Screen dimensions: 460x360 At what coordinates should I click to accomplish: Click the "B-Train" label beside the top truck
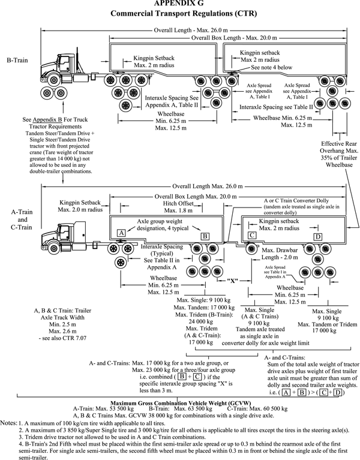pyautogui.click(x=15, y=61)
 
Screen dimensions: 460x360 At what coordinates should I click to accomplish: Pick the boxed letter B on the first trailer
pyautogui.click(x=204, y=236)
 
